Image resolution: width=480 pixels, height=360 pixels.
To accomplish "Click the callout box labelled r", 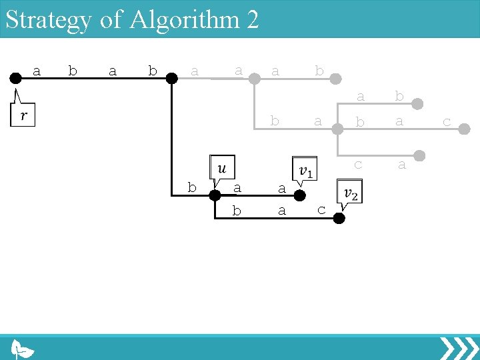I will pos(23,115).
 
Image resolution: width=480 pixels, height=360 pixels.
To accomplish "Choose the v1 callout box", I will pos(305,169).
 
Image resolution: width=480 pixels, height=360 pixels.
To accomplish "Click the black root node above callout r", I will pos(15,78).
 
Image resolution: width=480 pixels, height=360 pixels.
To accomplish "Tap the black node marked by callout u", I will pos(215,195).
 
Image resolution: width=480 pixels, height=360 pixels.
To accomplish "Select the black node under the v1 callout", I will pos(300,195).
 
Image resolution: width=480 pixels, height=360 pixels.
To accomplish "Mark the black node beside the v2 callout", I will pos(339,218).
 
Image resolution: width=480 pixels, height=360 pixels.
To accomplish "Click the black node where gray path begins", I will pos(171,78).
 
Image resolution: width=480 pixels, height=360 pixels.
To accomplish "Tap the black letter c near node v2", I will pos(321,211).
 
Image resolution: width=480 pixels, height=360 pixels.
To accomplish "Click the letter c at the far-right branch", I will pos(447,122).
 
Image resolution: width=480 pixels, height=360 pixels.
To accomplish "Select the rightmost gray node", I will pos(465,131).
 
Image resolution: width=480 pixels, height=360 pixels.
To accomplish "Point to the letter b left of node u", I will pos(192,188).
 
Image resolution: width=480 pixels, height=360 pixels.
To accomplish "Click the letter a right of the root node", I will pos(37,71).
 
